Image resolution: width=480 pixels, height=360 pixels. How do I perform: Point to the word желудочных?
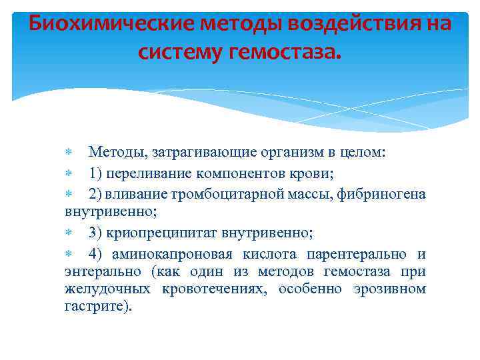tap(101, 289)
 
